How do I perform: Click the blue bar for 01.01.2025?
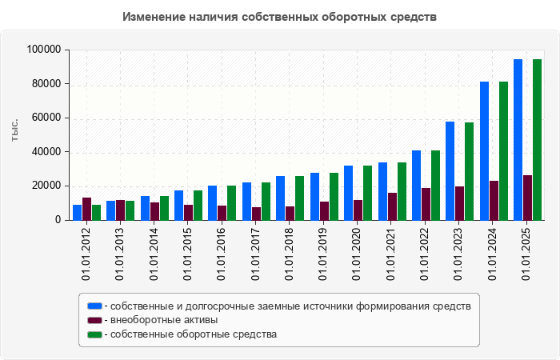point(518,140)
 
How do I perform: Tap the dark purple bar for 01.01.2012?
point(86,209)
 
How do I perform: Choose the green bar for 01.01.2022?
point(435,185)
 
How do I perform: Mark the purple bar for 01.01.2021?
point(392,206)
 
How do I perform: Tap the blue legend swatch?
point(94,306)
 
